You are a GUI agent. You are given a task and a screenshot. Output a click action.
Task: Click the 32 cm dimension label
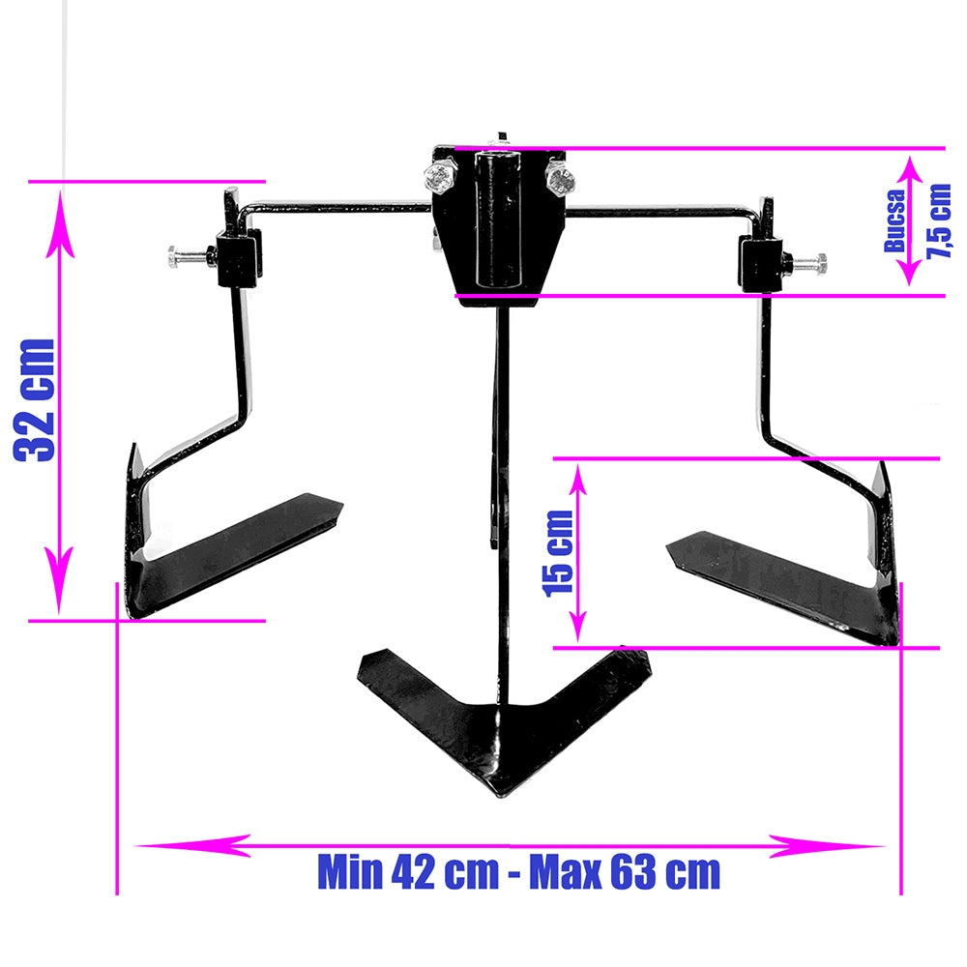(35, 400)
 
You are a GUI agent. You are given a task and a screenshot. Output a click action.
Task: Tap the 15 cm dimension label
(558, 553)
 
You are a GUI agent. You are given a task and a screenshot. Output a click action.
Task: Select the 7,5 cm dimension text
(939, 220)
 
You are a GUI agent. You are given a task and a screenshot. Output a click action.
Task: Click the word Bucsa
(895, 221)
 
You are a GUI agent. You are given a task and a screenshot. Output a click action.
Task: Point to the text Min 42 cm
(408, 872)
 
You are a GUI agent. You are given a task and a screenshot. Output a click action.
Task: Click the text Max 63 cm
(625, 872)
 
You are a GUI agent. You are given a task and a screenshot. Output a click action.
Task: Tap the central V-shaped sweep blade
(503, 718)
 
